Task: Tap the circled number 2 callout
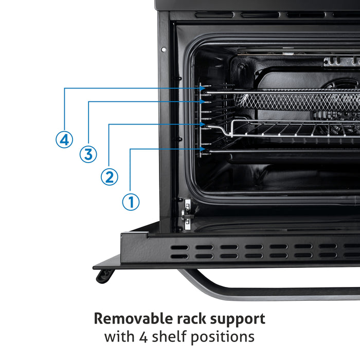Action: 109,177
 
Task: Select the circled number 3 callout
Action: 87,154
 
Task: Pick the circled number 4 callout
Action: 64,140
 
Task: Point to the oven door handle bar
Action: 267,291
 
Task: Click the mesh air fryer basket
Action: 298,100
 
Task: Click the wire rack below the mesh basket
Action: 293,129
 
